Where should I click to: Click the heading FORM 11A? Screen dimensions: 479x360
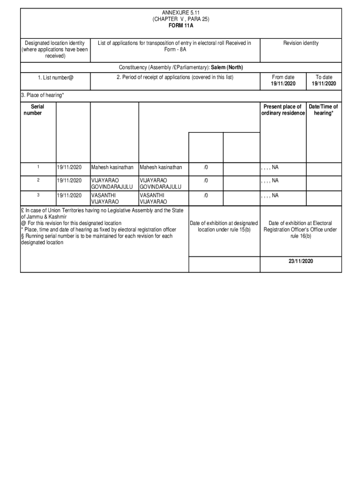(180, 26)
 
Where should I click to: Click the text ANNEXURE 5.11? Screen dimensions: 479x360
(180, 12)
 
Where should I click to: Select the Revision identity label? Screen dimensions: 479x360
(301, 43)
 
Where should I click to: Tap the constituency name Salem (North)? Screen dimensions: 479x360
(227, 67)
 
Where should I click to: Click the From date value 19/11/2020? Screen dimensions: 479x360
(283, 84)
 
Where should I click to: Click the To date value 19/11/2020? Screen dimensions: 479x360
(324, 84)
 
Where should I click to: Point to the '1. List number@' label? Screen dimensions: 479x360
(56, 78)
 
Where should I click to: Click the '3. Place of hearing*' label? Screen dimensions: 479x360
(43, 95)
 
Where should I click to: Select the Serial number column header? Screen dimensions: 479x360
(34, 110)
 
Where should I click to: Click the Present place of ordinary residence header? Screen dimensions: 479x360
(282, 110)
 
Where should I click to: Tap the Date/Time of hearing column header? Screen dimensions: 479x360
(323, 110)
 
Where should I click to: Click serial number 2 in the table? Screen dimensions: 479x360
(38, 180)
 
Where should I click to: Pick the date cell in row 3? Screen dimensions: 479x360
(69, 196)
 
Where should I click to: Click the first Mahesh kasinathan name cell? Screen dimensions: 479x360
(112, 167)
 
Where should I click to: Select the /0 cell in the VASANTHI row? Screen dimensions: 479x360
(206, 196)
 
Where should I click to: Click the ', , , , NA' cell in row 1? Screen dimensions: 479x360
(270, 167)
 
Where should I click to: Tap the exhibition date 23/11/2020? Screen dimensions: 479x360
(301, 261)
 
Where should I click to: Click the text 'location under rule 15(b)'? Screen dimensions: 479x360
(224, 230)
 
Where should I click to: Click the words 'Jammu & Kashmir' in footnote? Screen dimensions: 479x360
(47, 217)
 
